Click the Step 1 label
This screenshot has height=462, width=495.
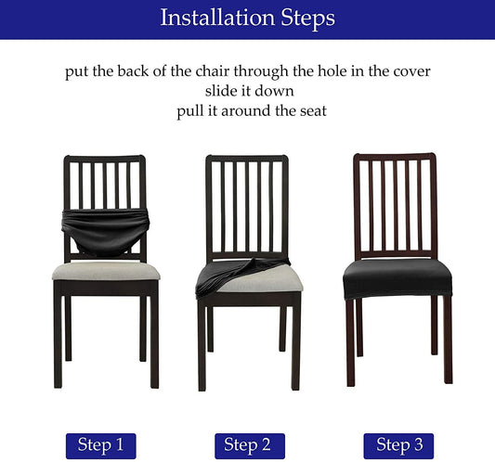100,445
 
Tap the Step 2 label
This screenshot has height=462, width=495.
250,445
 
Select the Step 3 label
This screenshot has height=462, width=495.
398,445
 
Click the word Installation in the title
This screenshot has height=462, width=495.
217,18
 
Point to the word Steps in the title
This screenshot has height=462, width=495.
307,19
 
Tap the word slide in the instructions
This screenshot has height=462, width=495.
220,91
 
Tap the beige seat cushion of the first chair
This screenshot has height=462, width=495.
106,271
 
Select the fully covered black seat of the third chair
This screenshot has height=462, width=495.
397,278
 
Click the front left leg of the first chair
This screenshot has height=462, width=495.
59,334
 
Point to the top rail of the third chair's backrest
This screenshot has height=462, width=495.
395,157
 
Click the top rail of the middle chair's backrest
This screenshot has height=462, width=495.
247,159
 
